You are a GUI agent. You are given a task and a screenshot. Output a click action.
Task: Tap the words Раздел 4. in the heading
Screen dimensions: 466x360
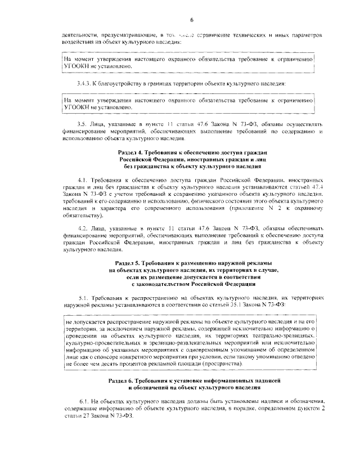pos(131,153)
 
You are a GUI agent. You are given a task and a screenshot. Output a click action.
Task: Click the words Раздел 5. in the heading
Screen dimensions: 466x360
pos(129,263)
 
